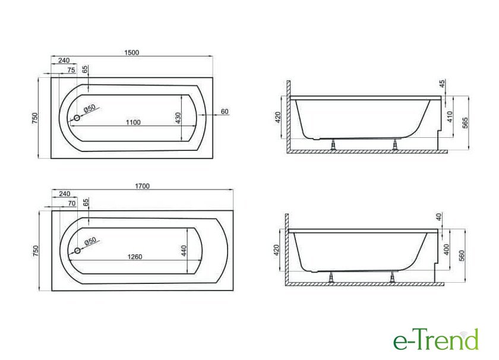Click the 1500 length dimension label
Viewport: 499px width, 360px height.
point(131,52)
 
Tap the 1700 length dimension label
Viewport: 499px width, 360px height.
point(142,186)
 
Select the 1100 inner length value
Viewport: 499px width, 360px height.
point(133,122)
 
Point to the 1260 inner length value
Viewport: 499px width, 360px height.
point(135,257)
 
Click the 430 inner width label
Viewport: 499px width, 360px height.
point(178,118)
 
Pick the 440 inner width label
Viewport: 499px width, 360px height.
point(184,251)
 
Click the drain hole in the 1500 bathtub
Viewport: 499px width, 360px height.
point(77,118)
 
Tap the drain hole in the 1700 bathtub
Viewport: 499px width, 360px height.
point(77,251)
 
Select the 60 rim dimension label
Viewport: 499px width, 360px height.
point(225,112)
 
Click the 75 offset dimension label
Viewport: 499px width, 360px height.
point(71,70)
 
